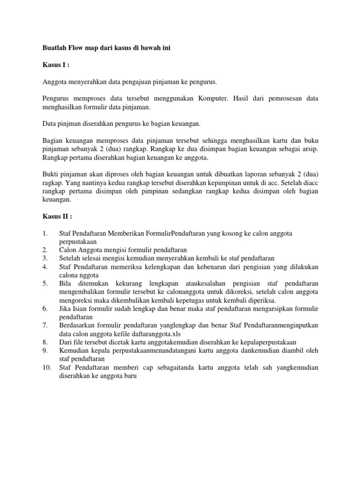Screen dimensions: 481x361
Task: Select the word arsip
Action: [x=309, y=149]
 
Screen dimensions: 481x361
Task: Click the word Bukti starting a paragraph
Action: [x=51, y=174]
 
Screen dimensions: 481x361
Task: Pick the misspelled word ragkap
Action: [x=51, y=183]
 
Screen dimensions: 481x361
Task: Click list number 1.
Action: [x=45, y=233]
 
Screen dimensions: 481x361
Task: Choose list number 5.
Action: [x=45, y=283]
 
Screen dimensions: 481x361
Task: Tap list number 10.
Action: [x=47, y=367]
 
